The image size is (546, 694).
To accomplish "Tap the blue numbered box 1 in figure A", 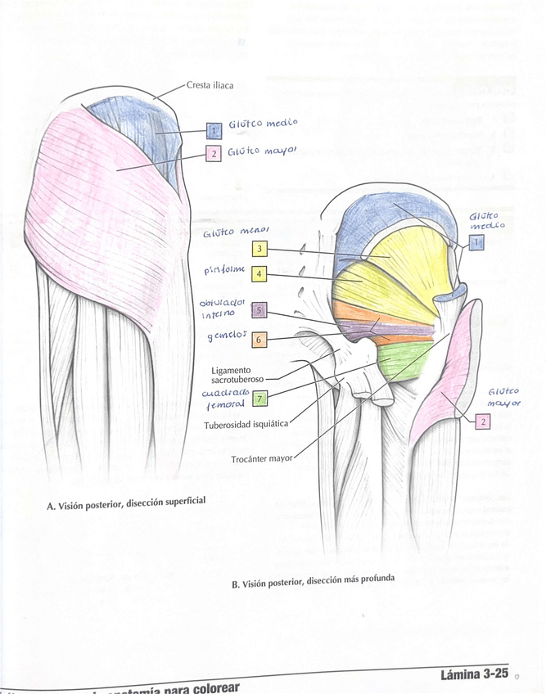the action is tap(214, 130).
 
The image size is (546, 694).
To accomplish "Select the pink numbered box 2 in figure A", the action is tap(213, 153).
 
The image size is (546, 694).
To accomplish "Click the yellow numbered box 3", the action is tap(259, 249).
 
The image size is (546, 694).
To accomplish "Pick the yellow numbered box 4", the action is tap(259, 274).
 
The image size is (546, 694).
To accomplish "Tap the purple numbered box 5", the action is tap(259, 311).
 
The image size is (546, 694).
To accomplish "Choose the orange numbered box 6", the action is tap(259, 339).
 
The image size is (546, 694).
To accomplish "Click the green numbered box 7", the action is tap(259, 399).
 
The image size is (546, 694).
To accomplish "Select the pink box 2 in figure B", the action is tap(483, 421).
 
